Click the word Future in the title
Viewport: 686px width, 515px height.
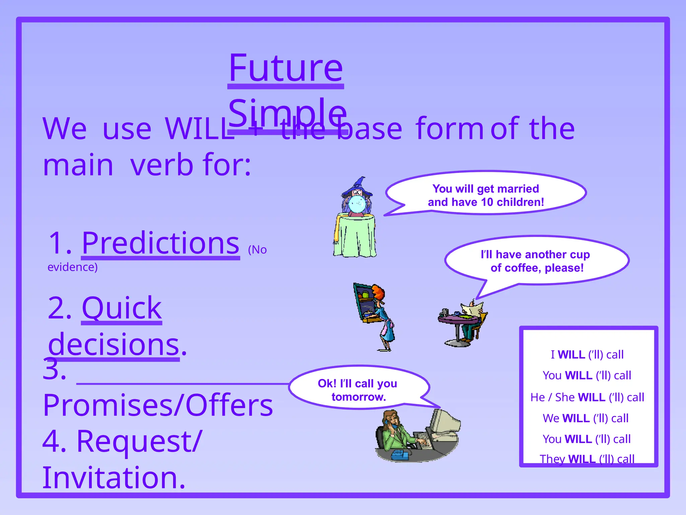click(285, 69)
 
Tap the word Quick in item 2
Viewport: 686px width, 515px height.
click(122, 308)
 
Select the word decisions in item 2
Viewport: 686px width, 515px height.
click(114, 344)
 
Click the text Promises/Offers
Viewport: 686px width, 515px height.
click(158, 405)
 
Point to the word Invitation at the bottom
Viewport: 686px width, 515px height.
click(114, 477)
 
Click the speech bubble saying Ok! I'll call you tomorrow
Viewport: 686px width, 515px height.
click(358, 388)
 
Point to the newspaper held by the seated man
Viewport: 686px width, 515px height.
click(472, 308)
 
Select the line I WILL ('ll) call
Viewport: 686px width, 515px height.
click(587, 354)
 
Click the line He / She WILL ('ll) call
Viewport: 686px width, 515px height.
click(587, 397)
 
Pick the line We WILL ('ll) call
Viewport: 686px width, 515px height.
click(586, 418)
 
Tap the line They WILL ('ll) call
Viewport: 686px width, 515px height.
click(587, 459)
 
